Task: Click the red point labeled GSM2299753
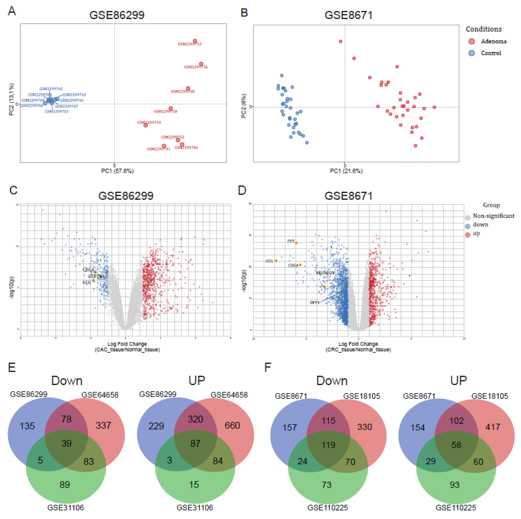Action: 195,41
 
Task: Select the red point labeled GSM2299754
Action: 145,125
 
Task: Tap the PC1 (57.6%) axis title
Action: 117,171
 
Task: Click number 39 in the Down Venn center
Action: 66,443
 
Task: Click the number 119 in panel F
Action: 328,445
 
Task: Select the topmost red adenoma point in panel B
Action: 340,41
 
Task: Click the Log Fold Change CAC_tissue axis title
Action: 127,347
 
